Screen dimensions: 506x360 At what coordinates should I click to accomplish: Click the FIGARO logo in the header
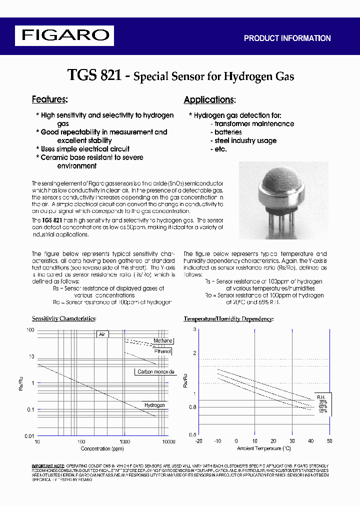pyautogui.click(x=64, y=35)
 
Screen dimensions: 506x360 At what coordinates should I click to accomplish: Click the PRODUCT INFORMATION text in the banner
pyautogui.click(x=287, y=38)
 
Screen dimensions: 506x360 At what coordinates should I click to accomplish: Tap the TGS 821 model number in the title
pyautogui.click(x=94, y=75)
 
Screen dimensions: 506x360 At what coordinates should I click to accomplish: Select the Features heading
pyautogui.click(x=49, y=99)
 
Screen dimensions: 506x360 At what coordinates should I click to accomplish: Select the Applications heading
pyautogui.click(x=209, y=99)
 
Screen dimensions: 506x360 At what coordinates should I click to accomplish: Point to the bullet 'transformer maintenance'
pyautogui.click(x=253, y=123)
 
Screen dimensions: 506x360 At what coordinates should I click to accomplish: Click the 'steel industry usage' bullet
pyautogui.click(x=245, y=140)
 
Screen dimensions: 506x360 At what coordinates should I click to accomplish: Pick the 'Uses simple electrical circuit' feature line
pyautogui.click(x=85, y=149)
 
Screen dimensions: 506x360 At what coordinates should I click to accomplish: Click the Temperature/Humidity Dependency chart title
pyautogui.click(x=228, y=318)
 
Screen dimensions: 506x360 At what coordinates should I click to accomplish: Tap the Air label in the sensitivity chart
pyautogui.click(x=102, y=334)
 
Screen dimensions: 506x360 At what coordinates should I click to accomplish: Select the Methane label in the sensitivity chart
pyautogui.click(x=162, y=340)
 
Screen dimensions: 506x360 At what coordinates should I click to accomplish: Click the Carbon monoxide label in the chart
pyautogui.click(x=155, y=371)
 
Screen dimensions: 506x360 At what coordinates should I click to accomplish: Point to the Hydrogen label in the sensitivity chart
pyautogui.click(x=154, y=405)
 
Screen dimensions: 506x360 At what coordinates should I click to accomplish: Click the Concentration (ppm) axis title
pyautogui.click(x=102, y=448)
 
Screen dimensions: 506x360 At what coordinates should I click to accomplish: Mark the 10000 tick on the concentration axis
pyautogui.click(x=169, y=442)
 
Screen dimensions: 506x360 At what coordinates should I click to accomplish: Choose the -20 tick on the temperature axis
pyautogui.click(x=198, y=441)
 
